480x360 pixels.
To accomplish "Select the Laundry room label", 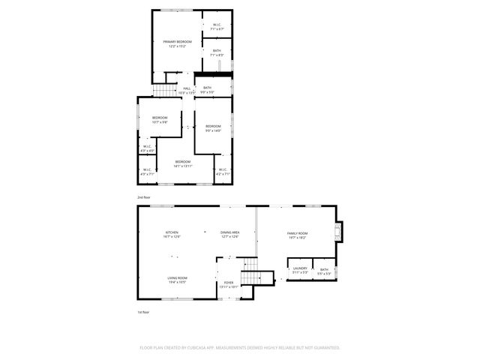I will (x=300, y=270).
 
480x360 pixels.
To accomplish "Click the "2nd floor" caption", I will (x=142, y=197).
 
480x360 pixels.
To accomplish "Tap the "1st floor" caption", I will (x=142, y=311).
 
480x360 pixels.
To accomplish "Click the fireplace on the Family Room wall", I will (x=340, y=232).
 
